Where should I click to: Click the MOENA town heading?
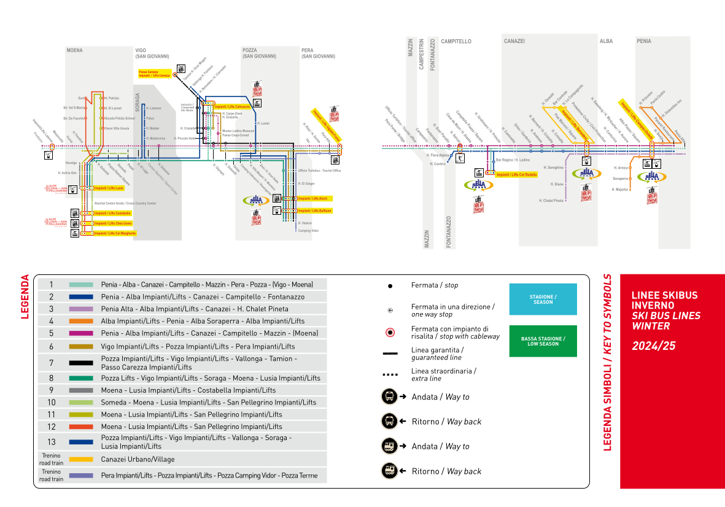pos(74,50)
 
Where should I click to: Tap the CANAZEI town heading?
pos(514,41)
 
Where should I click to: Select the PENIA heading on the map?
pos(644,41)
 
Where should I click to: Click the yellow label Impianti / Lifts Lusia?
pos(109,188)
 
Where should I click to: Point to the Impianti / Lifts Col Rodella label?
pos(516,174)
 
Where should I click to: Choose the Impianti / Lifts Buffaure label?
pos(314,211)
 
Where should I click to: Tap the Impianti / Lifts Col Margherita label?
pos(114,233)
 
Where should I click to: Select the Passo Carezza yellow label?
pos(153,74)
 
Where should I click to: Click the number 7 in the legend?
pos(52,363)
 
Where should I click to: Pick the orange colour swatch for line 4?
pos(81,321)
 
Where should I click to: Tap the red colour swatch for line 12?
pos(81,427)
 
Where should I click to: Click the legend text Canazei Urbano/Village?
pos(138,459)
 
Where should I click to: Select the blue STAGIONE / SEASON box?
pos(543,299)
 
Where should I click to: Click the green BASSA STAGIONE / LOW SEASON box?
pos(543,341)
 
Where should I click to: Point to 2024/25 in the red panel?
pos(653,346)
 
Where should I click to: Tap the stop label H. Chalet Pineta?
pos(551,201)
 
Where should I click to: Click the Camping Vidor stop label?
pos(308,231)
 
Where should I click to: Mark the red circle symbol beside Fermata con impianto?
pos(389,333)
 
